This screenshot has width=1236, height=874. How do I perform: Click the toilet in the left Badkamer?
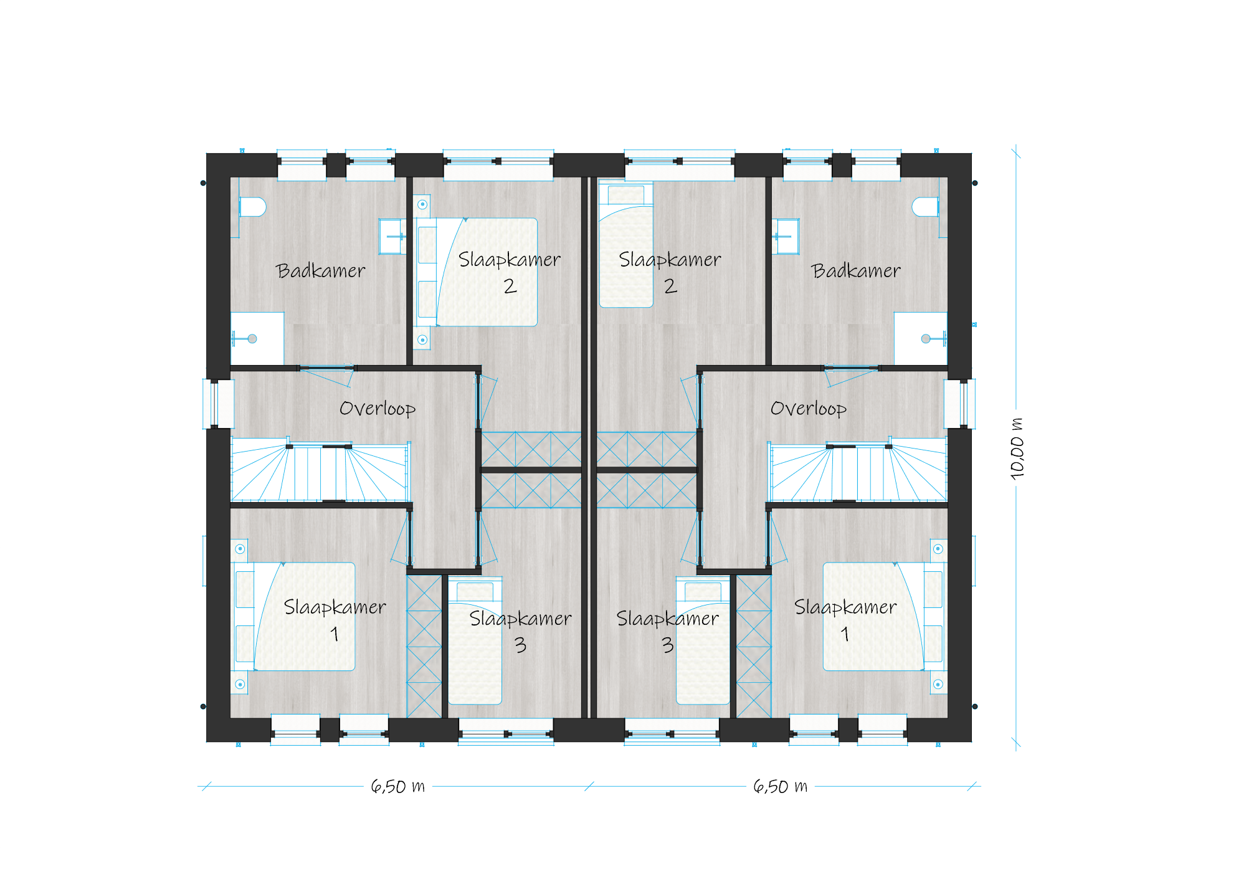252,207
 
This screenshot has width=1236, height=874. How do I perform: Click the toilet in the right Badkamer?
926,207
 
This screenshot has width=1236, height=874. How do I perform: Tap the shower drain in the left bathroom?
252,339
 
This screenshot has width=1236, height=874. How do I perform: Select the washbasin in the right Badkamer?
786,236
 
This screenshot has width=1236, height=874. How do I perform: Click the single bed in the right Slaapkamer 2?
626,244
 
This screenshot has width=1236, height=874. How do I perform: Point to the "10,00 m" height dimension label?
1017,449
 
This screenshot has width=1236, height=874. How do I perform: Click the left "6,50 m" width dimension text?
398,786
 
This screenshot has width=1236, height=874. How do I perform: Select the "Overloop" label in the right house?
809,409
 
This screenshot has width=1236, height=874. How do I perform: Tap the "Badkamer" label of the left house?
321,271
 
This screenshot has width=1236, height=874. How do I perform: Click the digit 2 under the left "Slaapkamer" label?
510,286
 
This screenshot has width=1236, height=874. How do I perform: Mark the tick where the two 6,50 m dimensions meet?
589,786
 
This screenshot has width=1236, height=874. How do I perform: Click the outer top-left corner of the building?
207,153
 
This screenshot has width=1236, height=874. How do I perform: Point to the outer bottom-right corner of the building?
972,742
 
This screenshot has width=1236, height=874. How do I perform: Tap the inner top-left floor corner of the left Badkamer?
231,178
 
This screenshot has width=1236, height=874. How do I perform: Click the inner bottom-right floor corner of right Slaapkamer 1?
948,718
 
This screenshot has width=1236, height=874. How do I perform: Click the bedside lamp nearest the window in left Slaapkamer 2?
422,204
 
